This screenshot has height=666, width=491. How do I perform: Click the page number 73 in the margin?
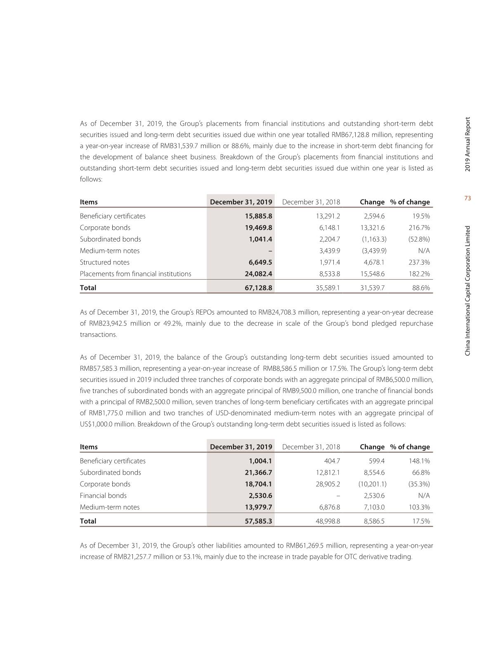click(x=467, y=198)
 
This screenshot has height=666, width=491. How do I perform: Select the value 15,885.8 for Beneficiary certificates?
click(x=258, y=216)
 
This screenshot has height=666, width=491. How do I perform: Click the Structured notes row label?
click(x=104, y=262)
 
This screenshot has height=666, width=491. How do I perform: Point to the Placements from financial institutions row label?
click(x=135, y=274)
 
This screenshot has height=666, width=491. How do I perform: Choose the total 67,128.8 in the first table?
click(x=258, y=288)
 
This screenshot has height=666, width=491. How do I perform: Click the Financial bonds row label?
click(x=103, y=496)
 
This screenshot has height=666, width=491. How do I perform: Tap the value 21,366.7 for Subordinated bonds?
click(x=258, y=473)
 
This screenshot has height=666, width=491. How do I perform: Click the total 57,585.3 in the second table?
click(x=258, y=521)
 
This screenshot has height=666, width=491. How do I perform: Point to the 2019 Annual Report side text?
click(x=467, y=144)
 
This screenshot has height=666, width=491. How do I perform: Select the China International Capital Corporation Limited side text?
click(x=467, y=291)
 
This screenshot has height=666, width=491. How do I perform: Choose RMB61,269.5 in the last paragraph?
click(x=305, y=546)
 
